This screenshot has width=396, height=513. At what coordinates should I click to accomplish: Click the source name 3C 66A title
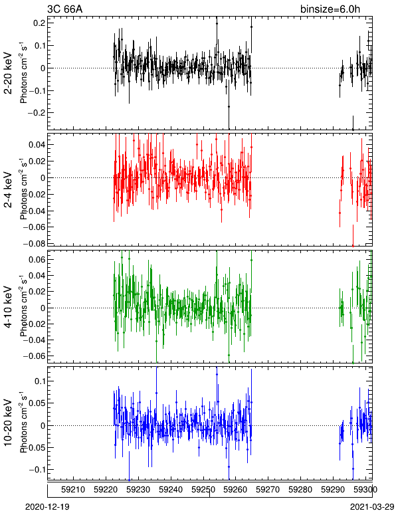coord(64,9)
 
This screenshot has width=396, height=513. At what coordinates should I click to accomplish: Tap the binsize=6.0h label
coord(330,9)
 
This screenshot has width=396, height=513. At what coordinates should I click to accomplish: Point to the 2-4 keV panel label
coord(8,189)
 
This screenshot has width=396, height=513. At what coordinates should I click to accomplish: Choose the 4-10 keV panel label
coord(8,307)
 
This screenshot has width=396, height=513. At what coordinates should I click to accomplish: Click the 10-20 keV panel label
coord(8,423)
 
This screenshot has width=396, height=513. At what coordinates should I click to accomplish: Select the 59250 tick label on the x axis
coord(203,490)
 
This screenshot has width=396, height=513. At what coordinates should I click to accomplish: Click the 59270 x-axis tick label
coord(268,490)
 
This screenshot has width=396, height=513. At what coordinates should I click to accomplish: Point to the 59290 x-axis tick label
coord(333,490)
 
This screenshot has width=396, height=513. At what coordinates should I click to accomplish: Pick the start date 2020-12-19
coord(47,507)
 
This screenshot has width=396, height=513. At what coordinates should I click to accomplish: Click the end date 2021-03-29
coord(372,507)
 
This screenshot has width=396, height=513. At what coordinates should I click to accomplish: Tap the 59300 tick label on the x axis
coord(365,490)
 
